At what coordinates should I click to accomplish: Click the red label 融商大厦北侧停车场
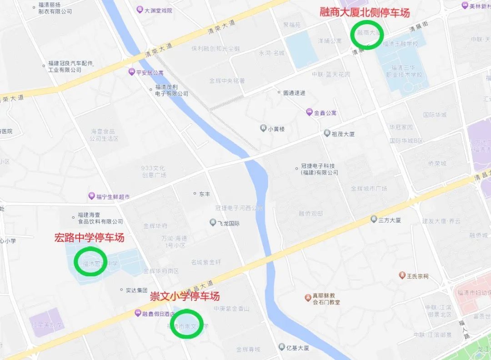tap(364, 12)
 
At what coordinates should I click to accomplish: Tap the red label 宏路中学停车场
tap(89, 237)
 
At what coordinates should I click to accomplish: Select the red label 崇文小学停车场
tap(185, 296)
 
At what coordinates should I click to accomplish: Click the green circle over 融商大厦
tap(367, 34)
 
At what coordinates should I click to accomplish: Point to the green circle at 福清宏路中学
tap(90, 261)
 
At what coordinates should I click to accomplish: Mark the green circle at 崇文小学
tap(186, 324)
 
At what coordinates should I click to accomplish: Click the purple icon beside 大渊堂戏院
tap(140, 10)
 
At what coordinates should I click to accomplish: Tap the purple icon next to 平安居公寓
tap(131, 72)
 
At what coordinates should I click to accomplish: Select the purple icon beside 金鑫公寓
tap(309, 112)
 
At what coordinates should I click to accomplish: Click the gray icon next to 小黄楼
tap(263, 129)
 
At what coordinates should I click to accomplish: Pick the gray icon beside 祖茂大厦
tap(327, 134)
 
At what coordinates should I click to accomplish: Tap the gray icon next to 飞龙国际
tap(212, 223)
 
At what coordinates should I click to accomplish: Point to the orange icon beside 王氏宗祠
tap(402, 275)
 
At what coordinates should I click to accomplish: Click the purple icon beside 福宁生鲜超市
tap(91, 196)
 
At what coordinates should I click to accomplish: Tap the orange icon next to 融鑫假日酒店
tap(137, 313)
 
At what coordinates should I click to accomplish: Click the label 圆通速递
tap(294, 93)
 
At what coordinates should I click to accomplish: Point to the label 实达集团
tap(136, 290)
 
